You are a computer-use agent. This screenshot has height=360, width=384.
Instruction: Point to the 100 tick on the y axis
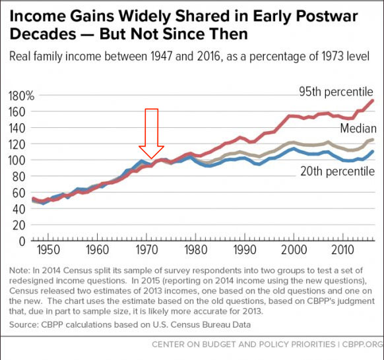[20, 160]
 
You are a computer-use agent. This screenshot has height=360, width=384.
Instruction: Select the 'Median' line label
[358, 127]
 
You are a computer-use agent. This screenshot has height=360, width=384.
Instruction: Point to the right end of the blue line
[373, 152]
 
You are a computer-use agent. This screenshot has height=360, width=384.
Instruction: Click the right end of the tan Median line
[373, 140]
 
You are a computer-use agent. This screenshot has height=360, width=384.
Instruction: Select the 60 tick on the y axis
[23, 193]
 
